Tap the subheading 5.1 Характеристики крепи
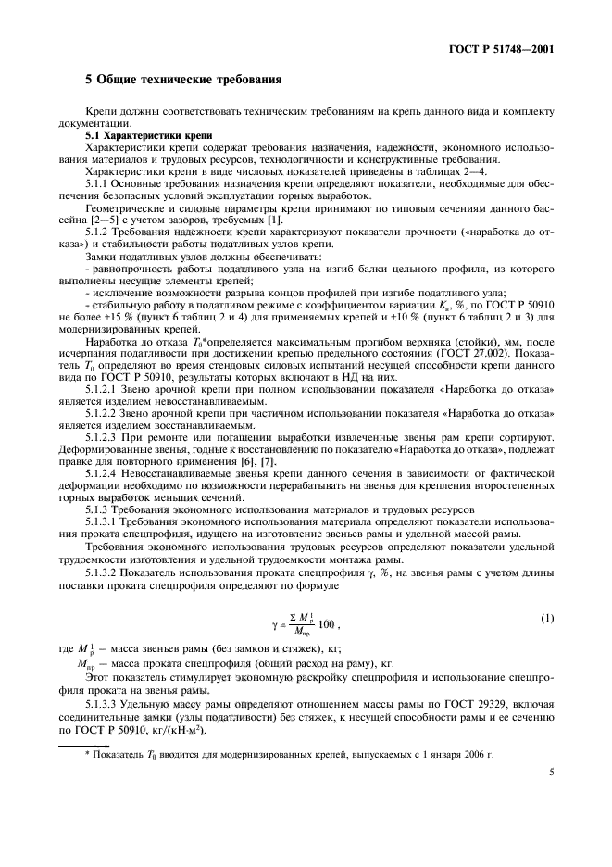point(135,135)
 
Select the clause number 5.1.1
point(97,181)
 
